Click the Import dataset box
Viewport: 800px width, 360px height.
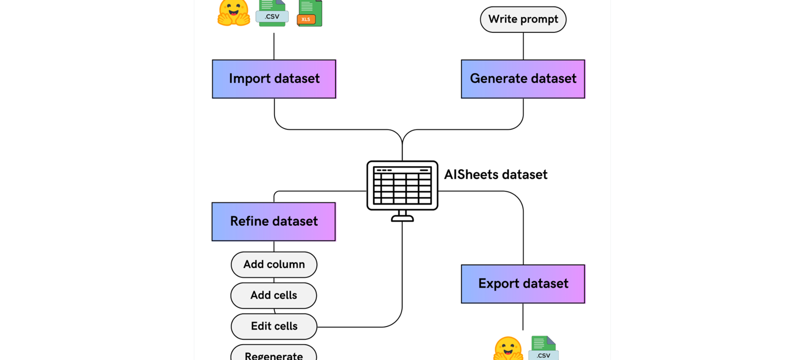point(274,79)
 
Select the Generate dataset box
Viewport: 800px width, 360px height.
point(523,79)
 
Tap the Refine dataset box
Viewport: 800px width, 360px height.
point(273,221)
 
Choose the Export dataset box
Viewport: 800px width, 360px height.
point(523,284)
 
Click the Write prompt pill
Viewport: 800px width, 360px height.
point(523,20)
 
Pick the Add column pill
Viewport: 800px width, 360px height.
point(274,265)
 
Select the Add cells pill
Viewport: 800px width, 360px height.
point(273,295)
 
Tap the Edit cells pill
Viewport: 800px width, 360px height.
point(274,326)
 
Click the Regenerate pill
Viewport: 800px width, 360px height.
point(273,354)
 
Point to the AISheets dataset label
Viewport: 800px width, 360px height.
point(495,175)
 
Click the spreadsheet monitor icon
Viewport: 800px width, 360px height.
point(402,186)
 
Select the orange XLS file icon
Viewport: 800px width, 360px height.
point(310,13)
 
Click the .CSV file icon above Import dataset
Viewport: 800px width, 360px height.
point(272,13)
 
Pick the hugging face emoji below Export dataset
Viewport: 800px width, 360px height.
point(508,348)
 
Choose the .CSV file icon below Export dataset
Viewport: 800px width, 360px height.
point(543,348)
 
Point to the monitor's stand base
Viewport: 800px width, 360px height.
point(402,219)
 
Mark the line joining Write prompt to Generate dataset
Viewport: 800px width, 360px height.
point(523,46)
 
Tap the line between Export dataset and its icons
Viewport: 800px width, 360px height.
point(523,317)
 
